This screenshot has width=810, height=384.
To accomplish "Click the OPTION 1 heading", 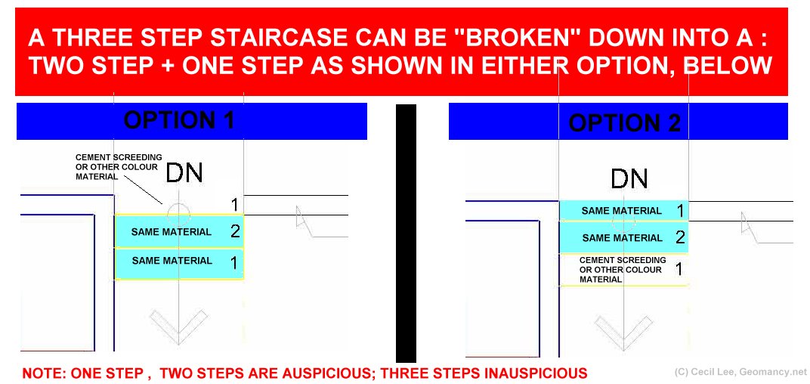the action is point(179,120).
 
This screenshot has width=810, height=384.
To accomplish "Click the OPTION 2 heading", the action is point(625,123).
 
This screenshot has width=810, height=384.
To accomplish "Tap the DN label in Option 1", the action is point(184,173).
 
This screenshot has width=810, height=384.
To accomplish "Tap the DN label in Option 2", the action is point(629,179).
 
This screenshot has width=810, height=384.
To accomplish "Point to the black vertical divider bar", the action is point(406,233).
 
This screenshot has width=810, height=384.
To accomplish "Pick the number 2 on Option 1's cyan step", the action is point(235,231).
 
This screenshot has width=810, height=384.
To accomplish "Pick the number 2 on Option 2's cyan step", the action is point(680,237).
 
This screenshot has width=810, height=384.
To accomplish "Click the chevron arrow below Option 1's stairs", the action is point(178,327).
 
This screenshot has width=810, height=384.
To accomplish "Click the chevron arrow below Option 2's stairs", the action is point(623,333).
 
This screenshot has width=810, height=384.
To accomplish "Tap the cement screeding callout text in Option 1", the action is point(119,166).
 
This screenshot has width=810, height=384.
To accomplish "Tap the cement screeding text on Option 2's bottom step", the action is point(623,269).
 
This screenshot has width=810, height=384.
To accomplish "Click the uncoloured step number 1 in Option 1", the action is point(234,205).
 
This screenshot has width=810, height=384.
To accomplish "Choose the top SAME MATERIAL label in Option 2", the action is point(621,210).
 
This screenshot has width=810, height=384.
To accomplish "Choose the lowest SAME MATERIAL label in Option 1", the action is point(172,261).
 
